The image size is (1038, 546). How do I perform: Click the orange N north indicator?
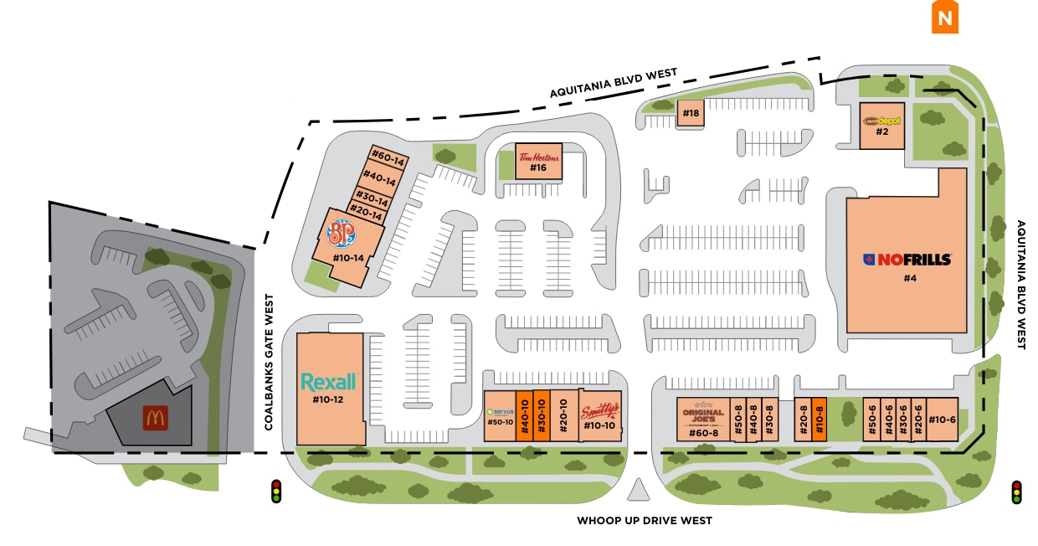[945, 18]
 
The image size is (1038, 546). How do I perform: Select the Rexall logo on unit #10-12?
[329, 382]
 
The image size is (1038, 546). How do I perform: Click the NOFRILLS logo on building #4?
[907, 259]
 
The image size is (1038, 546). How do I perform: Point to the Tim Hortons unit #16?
[537, 161]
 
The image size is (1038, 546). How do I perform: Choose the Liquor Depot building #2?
[881, 125]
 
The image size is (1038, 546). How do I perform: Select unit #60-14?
[390, 157]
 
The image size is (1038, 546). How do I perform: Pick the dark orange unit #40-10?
[525, 415]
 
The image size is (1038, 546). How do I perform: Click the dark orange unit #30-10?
[542, 415]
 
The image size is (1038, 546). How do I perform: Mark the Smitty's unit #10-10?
[600, 415]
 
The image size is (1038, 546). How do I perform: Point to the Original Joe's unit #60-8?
[703, 419]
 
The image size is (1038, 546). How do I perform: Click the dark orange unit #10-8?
[820, 419]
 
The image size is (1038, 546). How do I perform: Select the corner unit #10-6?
[942, 419]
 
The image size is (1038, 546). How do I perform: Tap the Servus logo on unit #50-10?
[500, 412]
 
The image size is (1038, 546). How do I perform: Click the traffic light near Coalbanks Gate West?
[275, 492]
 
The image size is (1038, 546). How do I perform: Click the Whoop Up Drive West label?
[644, 521]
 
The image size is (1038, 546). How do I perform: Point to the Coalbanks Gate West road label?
[270, 362]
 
